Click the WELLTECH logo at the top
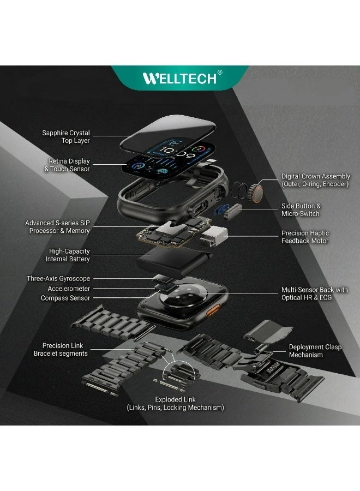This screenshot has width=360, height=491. coord(179,78)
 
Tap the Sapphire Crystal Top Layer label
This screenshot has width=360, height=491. coord(66,137)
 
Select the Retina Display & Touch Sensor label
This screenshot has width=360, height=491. coord(67,165)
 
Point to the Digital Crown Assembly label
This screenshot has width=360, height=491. coord(315,180)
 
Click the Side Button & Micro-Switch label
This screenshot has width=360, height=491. coord(301,209)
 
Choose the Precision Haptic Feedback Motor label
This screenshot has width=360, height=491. coord(305,237)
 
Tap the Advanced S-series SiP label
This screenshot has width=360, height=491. coord(57,227)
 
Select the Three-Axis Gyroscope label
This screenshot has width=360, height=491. coord(58,279)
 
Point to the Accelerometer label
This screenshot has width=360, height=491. coord(69,289)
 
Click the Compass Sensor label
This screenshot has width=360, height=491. coord(65,298)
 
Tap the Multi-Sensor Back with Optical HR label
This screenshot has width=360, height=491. coord(314,294)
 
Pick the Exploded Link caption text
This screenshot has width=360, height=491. coord(175,404)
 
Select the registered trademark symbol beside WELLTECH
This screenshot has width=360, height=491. coord(220,72)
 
